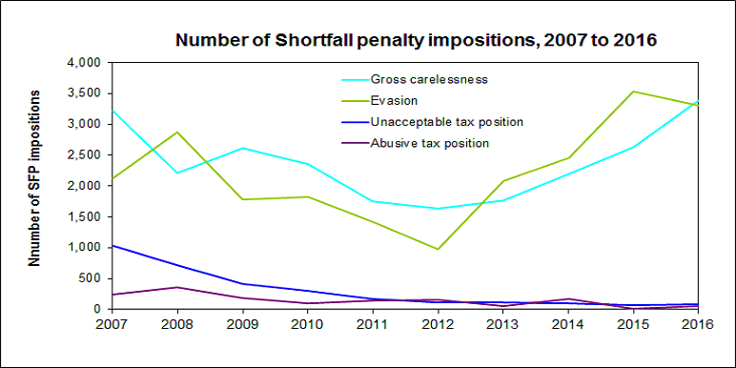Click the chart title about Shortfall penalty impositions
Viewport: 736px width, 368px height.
coord(416,41)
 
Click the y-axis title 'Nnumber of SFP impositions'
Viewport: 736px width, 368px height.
coord(34,178)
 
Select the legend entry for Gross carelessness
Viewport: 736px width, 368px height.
coord(429,79)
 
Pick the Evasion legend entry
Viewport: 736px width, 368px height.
coord(394,100)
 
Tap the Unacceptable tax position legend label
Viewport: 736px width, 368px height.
coord(447,122)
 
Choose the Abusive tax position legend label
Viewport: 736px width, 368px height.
coord(430,143)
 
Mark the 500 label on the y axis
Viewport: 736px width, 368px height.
coord(92,278)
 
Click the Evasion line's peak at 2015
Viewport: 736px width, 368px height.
coord(633,92)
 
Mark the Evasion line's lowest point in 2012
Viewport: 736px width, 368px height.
coord(438,249)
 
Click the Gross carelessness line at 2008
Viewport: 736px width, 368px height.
coord(177,173)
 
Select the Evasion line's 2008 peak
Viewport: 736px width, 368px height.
coord(177,133)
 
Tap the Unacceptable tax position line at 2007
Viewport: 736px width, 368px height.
coord(113,245)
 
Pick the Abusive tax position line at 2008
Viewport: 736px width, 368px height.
coord(177,287)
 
